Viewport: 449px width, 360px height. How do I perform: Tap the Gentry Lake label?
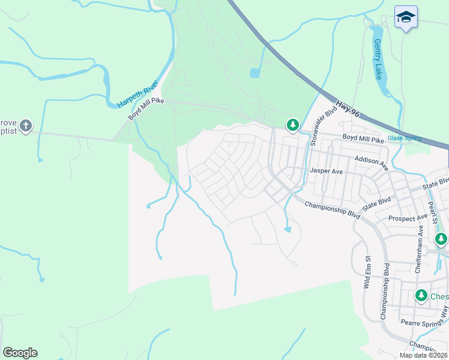click(x=378, y=59)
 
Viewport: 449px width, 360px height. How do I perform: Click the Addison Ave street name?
click(x=371, y=160)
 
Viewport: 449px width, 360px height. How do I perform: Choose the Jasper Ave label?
click(x=325, y=171)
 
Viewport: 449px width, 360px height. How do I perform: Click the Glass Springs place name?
click(x=404, y=138)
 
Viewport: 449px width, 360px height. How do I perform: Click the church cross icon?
click(x=25, y=125)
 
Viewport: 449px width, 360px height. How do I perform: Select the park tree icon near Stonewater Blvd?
click(x=292, y=125)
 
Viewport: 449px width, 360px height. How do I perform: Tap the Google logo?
click(x=20, y=353)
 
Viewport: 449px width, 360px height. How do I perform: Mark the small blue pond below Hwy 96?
click(x=255, y=73)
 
